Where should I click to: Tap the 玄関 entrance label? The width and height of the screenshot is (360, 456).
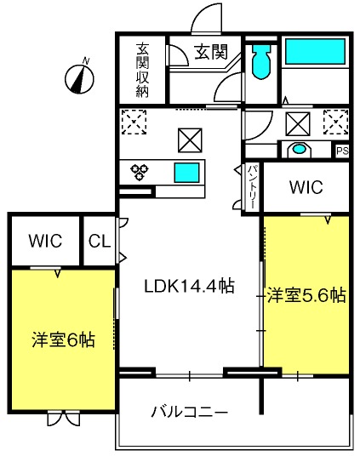(211, 52)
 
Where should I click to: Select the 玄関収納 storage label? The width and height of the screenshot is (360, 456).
(141, 71)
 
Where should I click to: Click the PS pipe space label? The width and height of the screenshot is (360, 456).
(342, 151)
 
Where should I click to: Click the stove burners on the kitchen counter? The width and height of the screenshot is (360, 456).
(140, 172)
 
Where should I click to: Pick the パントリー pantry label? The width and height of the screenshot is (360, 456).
(253, 186)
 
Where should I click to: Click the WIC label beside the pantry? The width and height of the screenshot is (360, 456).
(305, 185)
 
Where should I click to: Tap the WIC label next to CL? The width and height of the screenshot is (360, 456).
(44, 241)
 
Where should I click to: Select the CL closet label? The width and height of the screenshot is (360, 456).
(100, 241)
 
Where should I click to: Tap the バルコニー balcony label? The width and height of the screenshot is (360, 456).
(189, 413)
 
